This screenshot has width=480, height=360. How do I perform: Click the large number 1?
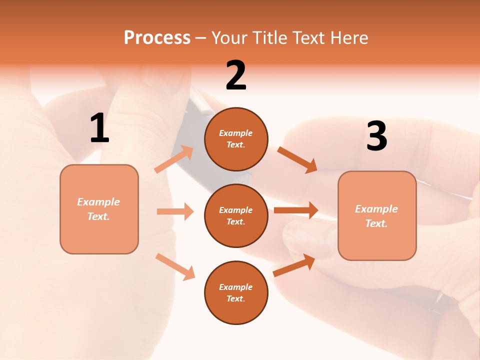(x=99, y=128)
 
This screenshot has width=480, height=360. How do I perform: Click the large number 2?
(x=236, y=75)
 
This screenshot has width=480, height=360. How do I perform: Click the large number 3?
(x=376, y=136)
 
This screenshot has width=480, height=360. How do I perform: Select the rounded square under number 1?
(x=99, y=209)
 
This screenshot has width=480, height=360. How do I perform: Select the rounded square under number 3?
(x=377, y=215)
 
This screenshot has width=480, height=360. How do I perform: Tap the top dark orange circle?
(x=236, y=139)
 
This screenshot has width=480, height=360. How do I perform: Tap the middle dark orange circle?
(x=236, y=215)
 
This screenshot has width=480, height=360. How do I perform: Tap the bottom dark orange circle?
(x=236, y=292)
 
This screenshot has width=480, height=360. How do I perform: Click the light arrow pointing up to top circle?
(x=174, y=159)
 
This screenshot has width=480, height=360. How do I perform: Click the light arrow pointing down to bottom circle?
(x=175, y=266)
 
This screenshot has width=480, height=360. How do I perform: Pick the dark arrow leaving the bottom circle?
(x=294, y=265)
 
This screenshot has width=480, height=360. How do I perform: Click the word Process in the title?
(x=157, y=37)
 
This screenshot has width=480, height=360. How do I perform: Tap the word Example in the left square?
(x=98, y=202)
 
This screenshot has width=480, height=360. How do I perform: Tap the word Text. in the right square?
(x=376, y=223)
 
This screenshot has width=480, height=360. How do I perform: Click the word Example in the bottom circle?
(x=236, y=287)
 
